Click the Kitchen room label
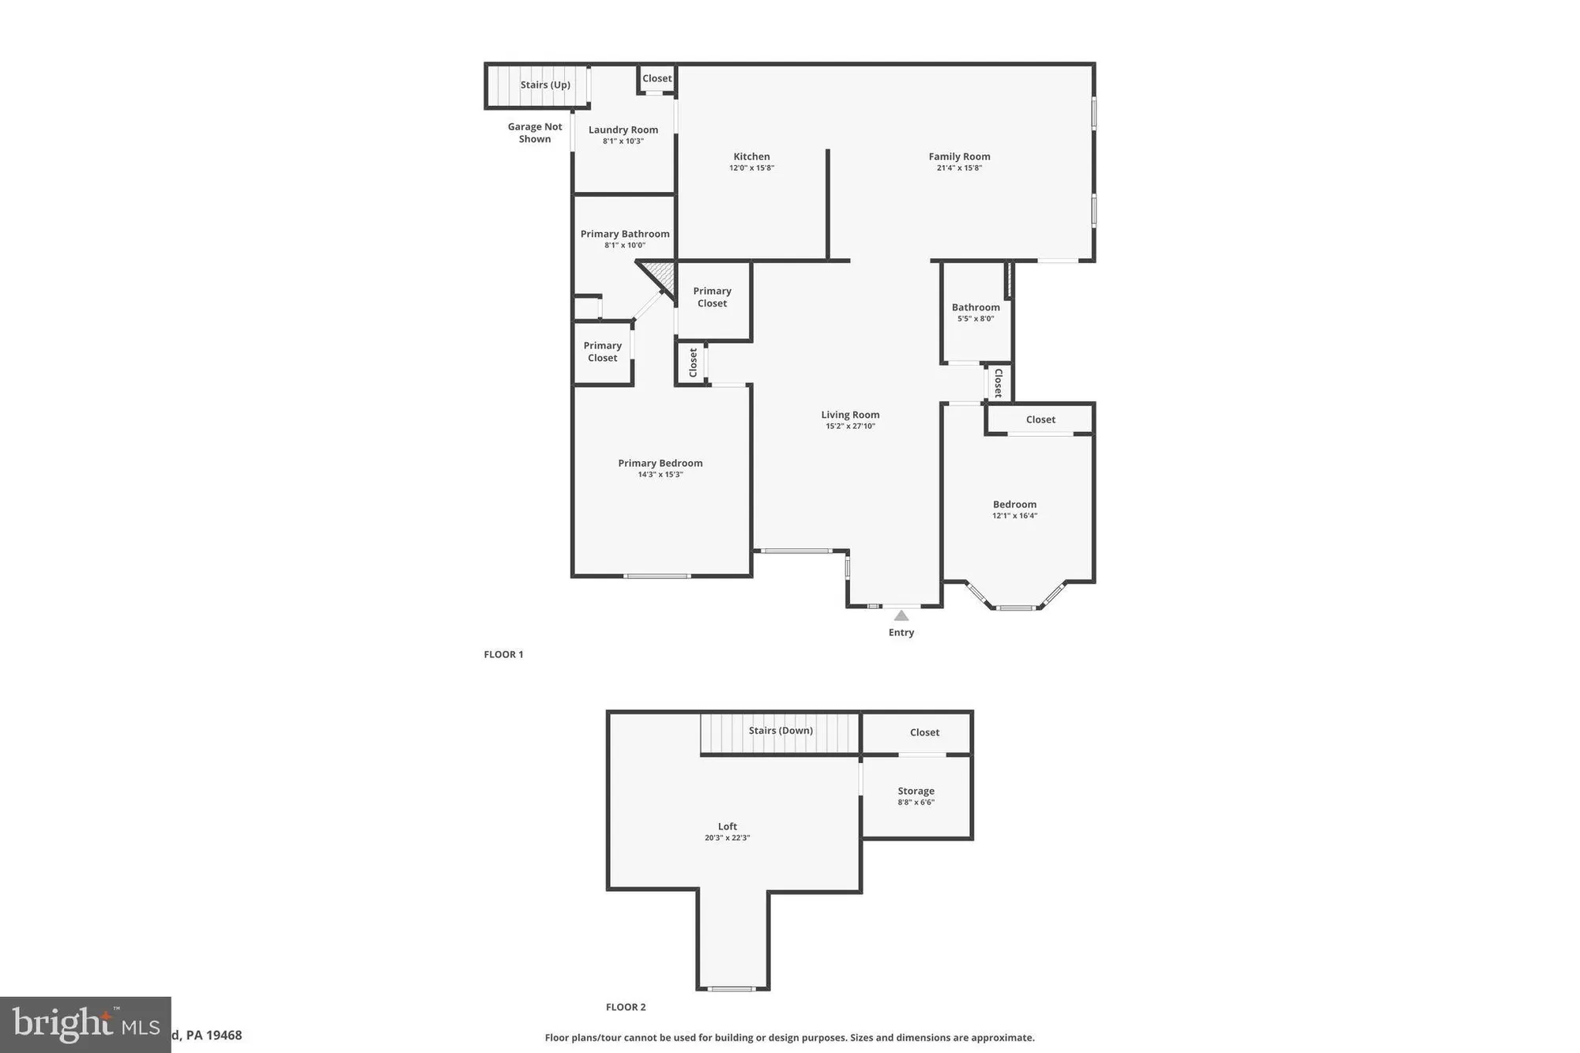[x=751, y=156]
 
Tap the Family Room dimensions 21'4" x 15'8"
[x=959, y=168]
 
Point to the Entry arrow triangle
[x=901, y=615]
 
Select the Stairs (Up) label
[x=545, y=85]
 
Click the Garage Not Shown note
[x=535, y=133]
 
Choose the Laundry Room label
[x=623, y=130]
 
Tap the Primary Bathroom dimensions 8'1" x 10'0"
[x=625, y=246]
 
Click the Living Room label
[x=850, y=415]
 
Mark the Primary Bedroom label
[x=660, y=463]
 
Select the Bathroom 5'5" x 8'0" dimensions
[x=976, y=319]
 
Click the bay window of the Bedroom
[x=1016, y=607]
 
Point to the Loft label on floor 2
[x=728, y=826]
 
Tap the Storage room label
[x=916, y=791]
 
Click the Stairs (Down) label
[x=781, y=730]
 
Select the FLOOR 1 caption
[x=503, y=654]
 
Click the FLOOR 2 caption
[x=626, y=1006]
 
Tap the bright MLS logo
[x=85, y=1025]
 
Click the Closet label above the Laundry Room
[x=656, y=78]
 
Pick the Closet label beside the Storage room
[x=924, y=732]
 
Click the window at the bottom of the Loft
[x=732, y=988]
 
